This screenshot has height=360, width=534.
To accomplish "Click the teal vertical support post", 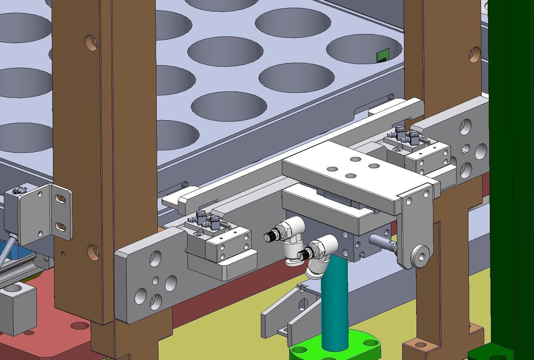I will (334, 301).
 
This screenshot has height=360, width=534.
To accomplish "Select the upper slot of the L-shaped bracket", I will (62, 199).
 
